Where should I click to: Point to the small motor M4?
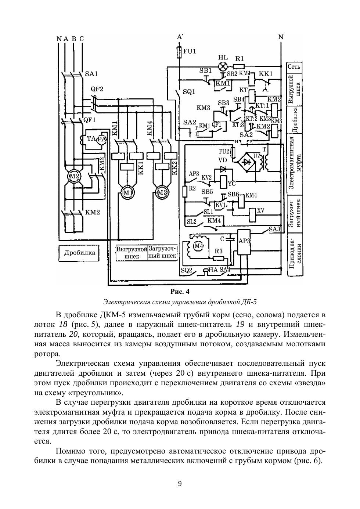pos(198,246)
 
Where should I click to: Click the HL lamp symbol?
pos(223,66)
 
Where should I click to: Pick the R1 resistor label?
pos(240,58)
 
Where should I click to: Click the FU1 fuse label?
pos(190,51)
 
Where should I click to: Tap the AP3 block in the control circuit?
pos(244,242)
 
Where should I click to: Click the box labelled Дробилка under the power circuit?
pos(79,253)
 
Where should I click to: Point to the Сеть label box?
pos(294,67)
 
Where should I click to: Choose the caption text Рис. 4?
pos(180,292)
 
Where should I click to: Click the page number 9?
pos(180,483)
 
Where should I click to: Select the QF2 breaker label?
pos(97,89)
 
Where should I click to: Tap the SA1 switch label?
pos(91,74)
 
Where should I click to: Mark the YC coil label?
pos(231,183)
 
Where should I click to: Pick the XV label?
pos(261,210)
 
